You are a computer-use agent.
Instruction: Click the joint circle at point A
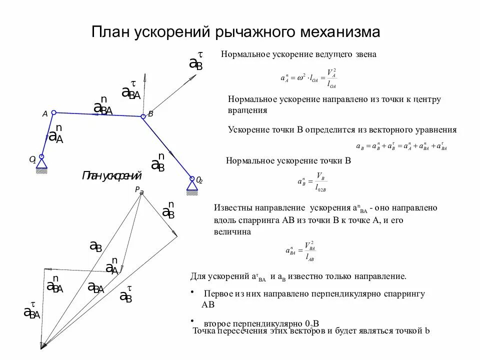(x=54, y=112)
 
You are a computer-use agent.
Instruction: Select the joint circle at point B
(x=143, y=116)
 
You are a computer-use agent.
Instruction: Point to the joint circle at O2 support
(x=191, y=178)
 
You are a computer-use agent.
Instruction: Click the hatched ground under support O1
(x=42, y=171)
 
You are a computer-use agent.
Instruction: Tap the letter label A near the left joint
(x=44, y=114)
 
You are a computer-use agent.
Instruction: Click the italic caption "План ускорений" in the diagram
(x=112, y=176)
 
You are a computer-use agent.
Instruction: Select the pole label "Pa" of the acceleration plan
(x=138, y=190)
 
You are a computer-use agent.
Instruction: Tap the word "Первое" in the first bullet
(x=217, y=294)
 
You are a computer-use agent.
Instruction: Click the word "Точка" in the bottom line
(x=204, y=330)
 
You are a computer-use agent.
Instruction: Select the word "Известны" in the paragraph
(x=233, y=207)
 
